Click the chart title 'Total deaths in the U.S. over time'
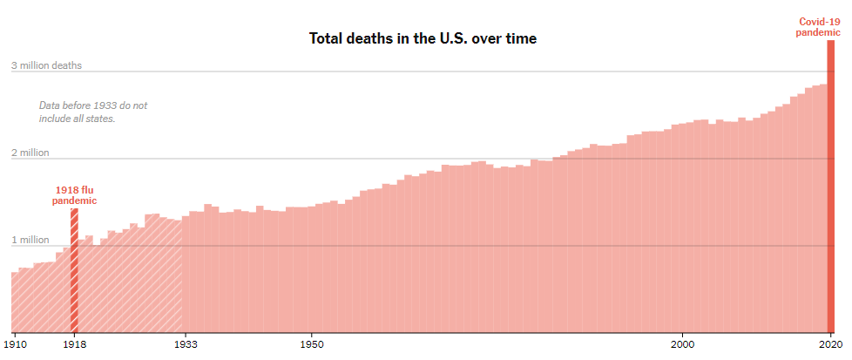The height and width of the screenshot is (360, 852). (423, 38)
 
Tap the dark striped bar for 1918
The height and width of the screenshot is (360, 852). (74, 270)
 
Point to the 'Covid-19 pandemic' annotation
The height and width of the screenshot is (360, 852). (819, 27)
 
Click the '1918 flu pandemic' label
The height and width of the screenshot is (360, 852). (74, 194)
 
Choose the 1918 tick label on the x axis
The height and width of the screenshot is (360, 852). (74, 344)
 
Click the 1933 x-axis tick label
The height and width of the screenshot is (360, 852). (186, 344)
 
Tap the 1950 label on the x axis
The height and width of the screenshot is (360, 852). (312, 344)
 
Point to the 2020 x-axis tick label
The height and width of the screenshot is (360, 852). (830, 344)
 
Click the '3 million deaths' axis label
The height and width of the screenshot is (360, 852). (46, 65)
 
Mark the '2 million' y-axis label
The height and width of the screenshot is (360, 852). (30, 153)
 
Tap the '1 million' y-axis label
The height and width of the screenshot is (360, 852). (30, 240)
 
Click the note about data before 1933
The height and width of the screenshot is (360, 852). (93, 112)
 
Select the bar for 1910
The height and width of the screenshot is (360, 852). (15, 302)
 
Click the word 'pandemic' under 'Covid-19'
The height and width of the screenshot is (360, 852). (819, 32)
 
